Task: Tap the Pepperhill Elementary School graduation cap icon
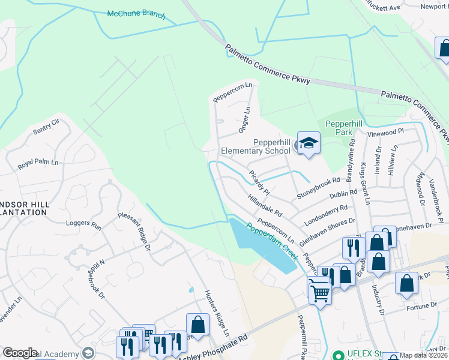(309, 143)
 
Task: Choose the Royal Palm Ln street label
(38, 163)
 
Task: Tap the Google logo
(20, 353)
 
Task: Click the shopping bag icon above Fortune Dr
(406, 283)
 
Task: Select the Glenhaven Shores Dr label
(327, 230)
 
